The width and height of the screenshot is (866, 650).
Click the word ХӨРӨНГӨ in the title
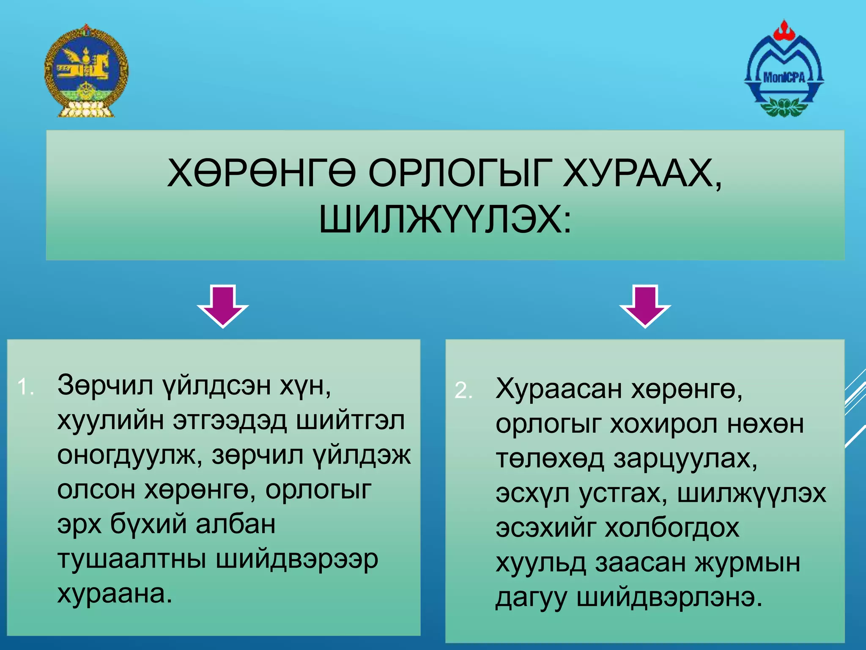pyautogui.click(x=261, y=174)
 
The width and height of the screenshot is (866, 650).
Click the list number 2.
pyautogui.click(x=463, y=390)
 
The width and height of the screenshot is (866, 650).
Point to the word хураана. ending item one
pyautogui.click(x=115, y=594)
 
